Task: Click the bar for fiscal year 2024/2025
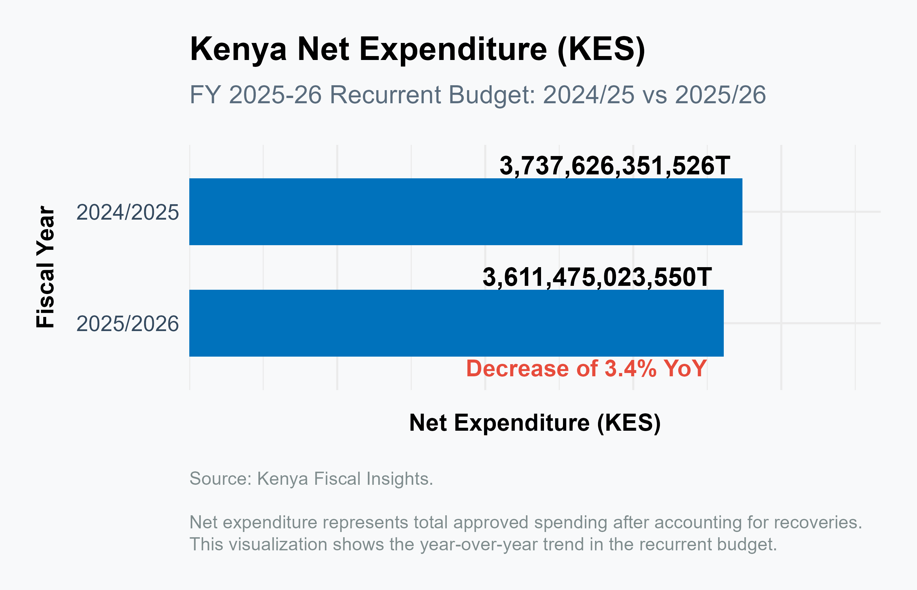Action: click(x=465, y=211)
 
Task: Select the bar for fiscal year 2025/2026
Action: click(x=456, y=323)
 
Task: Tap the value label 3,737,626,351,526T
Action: click(x=615, y=166)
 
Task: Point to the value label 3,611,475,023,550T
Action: click(x=597, y=277)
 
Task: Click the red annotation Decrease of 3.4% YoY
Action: click(x=586, y=368)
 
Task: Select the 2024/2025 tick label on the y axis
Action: click(x=127, y=212)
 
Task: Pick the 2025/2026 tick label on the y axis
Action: click(x=127, y=324)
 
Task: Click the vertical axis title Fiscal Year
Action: click(x=46, y=267)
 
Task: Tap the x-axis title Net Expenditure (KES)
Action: click(x=535, y=423)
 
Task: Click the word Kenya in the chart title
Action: click(x=238, y=50)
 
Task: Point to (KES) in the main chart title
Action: click(x=601, y=50)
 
